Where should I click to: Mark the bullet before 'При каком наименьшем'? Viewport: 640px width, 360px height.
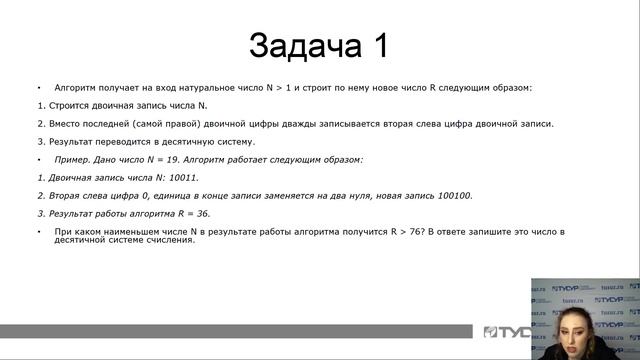(39, 231)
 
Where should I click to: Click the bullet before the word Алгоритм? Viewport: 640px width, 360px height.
(39, 88)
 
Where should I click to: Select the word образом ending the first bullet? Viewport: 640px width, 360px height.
(509, 88)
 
